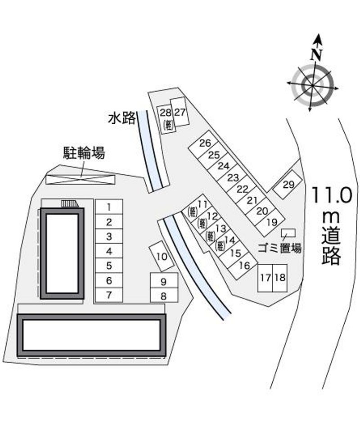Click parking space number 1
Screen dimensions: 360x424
click(x=109, y=207)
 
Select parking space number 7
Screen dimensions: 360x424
click(x=109, y=295)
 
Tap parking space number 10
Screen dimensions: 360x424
click(x=162, y=256)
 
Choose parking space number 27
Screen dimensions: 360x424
click(x=180, y=112)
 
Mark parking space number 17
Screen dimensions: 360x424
click(x=265, y=278)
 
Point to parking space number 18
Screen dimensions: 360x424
click(x=280, y=278)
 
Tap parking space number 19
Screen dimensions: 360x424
click(x=270, y=221)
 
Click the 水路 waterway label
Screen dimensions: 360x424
click(x=122, y=118)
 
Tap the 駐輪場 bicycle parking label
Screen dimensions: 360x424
click(x=84, y=153)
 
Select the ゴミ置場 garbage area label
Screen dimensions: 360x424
click(x=279, y=248)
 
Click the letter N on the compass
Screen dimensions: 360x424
click(x=316, y=54)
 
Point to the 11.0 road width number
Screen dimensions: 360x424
click(x=333, y=195)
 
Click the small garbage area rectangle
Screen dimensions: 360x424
click(x=288, y=233)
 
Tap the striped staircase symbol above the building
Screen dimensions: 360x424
click(x=70, y=203)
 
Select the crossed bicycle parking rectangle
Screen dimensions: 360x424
click(x=81, y=180)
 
